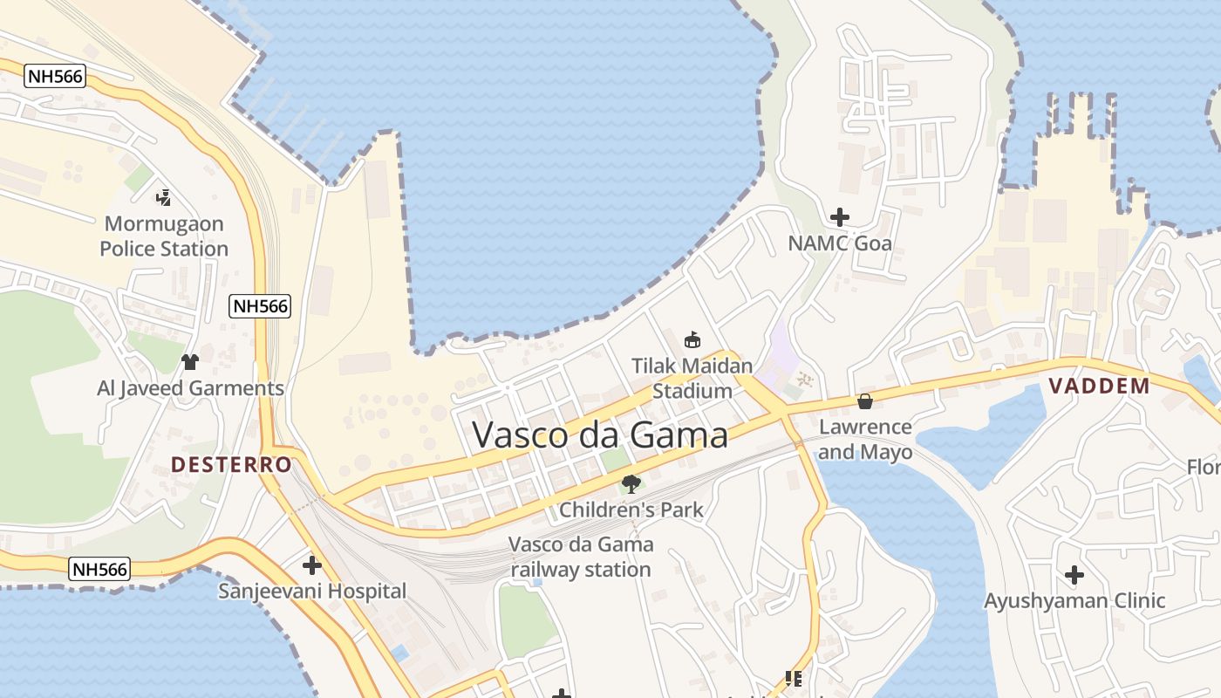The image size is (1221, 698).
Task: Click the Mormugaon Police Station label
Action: (164, 236)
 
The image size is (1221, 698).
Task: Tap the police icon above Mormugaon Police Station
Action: (163, 197)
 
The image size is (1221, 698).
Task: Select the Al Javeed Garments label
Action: (190, 388)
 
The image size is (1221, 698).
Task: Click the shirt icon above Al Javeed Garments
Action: (189, 361)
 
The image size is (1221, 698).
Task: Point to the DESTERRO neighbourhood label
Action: (231, 464)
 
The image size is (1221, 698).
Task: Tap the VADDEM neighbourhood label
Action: (1099, 386)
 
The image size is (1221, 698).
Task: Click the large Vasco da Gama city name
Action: (600, 434)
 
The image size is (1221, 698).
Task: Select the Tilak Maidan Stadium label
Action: (692, 378)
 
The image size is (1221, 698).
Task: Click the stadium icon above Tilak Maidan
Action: (692, 339)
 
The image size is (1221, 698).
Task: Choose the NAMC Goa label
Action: (840, 243)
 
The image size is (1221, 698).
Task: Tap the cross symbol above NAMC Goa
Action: (840, 216)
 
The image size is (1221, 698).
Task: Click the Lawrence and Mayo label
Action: (865, 439)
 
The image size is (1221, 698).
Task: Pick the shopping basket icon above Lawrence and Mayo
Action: (865, 401)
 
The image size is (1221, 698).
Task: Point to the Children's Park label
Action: (631, 510)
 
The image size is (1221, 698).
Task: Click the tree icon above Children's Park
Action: (631, 483)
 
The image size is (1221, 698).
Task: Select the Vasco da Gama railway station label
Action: (581, 557)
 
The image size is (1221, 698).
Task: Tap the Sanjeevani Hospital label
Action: (312, 592)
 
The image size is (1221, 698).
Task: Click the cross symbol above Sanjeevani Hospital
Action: (312, 565)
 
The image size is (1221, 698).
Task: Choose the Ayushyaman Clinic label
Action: (1074, 600)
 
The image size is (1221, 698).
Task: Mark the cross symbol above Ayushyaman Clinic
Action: (1074, 575)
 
